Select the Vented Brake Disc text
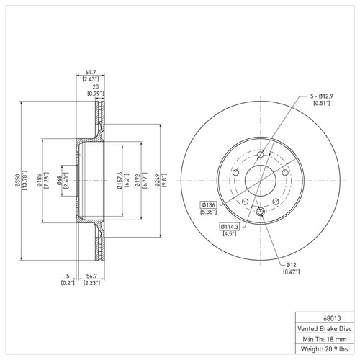coord(324,328)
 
